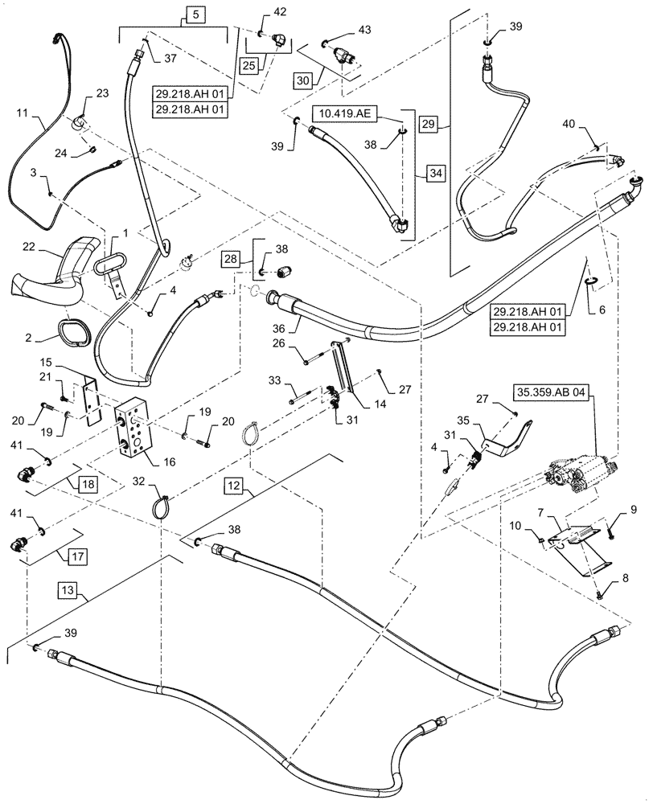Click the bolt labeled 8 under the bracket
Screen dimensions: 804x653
click(x=602, y=596)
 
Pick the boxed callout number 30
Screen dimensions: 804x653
click(x=303, y=81)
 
